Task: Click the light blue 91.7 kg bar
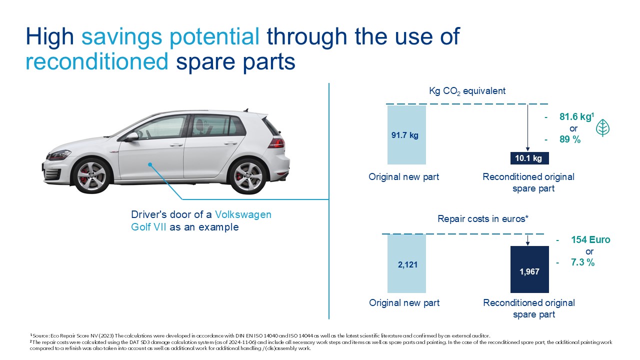pyautogui.click(x=406, y=135)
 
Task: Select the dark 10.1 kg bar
pyautogui.click(x=529, y=158)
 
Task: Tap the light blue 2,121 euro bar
pyautogui.click(x=406, y=263)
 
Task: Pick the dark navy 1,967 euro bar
pyautogui.click(x=529, y=269)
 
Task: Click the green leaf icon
pyautogui.click(x=602, y=127)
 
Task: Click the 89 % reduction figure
pyautogui.click(x=569, y=139)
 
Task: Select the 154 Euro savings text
pyautogui.click(x=590, y=239)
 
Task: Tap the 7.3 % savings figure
pyautogui.click(x=582, y=262)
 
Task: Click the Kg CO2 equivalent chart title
pyautogui.click(x=467, y=91)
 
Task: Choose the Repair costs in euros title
pyautogui.click(x=483, y=219)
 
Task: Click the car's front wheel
pyautogui.click(x=92, y=175)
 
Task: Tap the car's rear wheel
pyautogui.click(x=247, y=176)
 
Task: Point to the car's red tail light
pyautogui.click(x=276, y=143)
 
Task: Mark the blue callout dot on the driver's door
pyautogui.click(x=150, y=164)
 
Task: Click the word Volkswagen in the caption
pyautogui.click(x=243, y=214)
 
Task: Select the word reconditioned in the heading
pyautogui.click(x=97, y=61)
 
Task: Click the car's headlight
pyautogui.click(x=59, y=155)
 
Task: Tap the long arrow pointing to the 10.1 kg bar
pyautogui.click(x=527, y=127)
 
